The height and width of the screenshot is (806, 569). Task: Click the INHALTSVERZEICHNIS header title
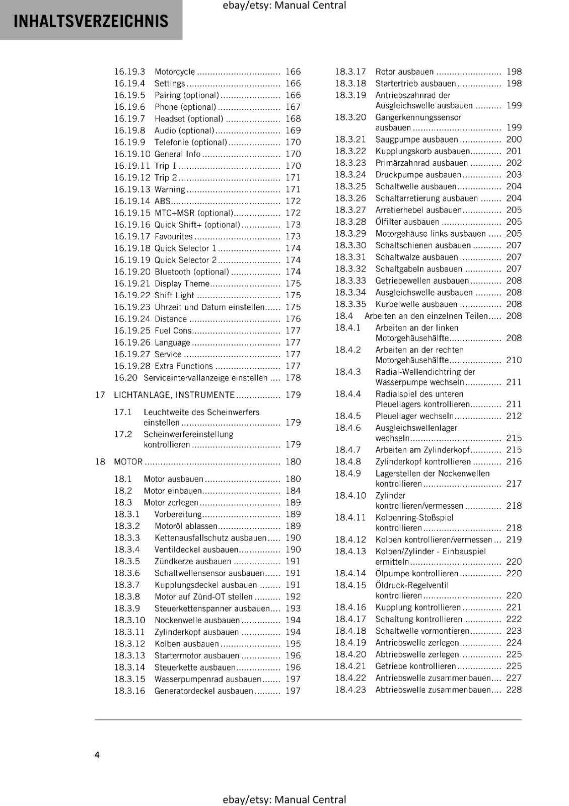(x=91, y=21)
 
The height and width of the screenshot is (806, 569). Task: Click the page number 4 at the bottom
(x=97, y=755)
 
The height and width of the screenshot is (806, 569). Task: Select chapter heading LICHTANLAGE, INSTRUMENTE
(x=174, y=395)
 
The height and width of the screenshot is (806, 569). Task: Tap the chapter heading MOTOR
(x=128, y=462)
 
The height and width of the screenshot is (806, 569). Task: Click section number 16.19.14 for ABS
(x=132, y=201)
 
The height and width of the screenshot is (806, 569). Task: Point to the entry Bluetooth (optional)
(x=191, y=272)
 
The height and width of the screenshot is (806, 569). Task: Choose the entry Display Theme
(x=182, y=284)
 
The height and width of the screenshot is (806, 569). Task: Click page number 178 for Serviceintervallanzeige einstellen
(x=293, y=378)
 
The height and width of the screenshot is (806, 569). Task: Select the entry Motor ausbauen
(x=173, y=479)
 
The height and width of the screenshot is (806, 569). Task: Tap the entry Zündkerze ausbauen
(x=193, y=561)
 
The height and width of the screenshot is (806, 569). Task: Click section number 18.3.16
(x=129, y=691)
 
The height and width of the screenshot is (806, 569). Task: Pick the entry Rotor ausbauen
(x=404, y=72)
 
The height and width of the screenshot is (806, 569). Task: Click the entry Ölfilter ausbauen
(x=407, y=222)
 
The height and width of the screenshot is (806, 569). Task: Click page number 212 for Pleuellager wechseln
(x=514, y=416)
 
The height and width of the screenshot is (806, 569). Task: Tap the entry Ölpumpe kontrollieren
(x=417, y=573)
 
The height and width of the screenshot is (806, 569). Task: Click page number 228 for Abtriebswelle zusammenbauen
(x=514, y=690)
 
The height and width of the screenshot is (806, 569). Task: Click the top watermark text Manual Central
(x=311, y=6)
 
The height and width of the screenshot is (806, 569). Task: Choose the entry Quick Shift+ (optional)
(x=197, y=225)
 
